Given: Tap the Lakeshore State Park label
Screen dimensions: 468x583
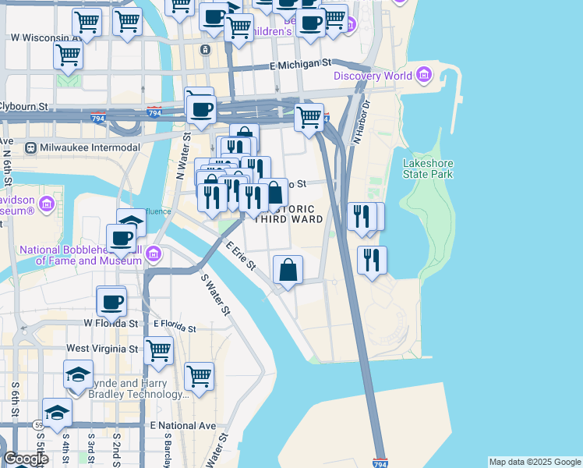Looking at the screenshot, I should [428, 168].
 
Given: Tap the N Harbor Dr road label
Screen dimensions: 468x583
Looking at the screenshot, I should [363, 125].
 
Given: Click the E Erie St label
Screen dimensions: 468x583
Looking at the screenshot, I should [241, 256].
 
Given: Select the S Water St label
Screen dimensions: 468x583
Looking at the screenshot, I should [216, 295].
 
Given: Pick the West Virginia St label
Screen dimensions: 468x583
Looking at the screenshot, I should [103, 349].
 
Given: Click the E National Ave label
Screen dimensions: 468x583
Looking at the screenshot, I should [182, 426].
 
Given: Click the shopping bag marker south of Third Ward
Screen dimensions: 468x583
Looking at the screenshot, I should [288, 270].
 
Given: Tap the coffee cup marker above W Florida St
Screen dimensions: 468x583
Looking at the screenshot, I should [111, 300].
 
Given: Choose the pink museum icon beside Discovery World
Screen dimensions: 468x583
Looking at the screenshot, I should [424, 76].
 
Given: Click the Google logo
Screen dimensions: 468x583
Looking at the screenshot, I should [26, 459].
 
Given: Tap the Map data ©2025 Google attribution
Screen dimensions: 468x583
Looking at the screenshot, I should [535, 462].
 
